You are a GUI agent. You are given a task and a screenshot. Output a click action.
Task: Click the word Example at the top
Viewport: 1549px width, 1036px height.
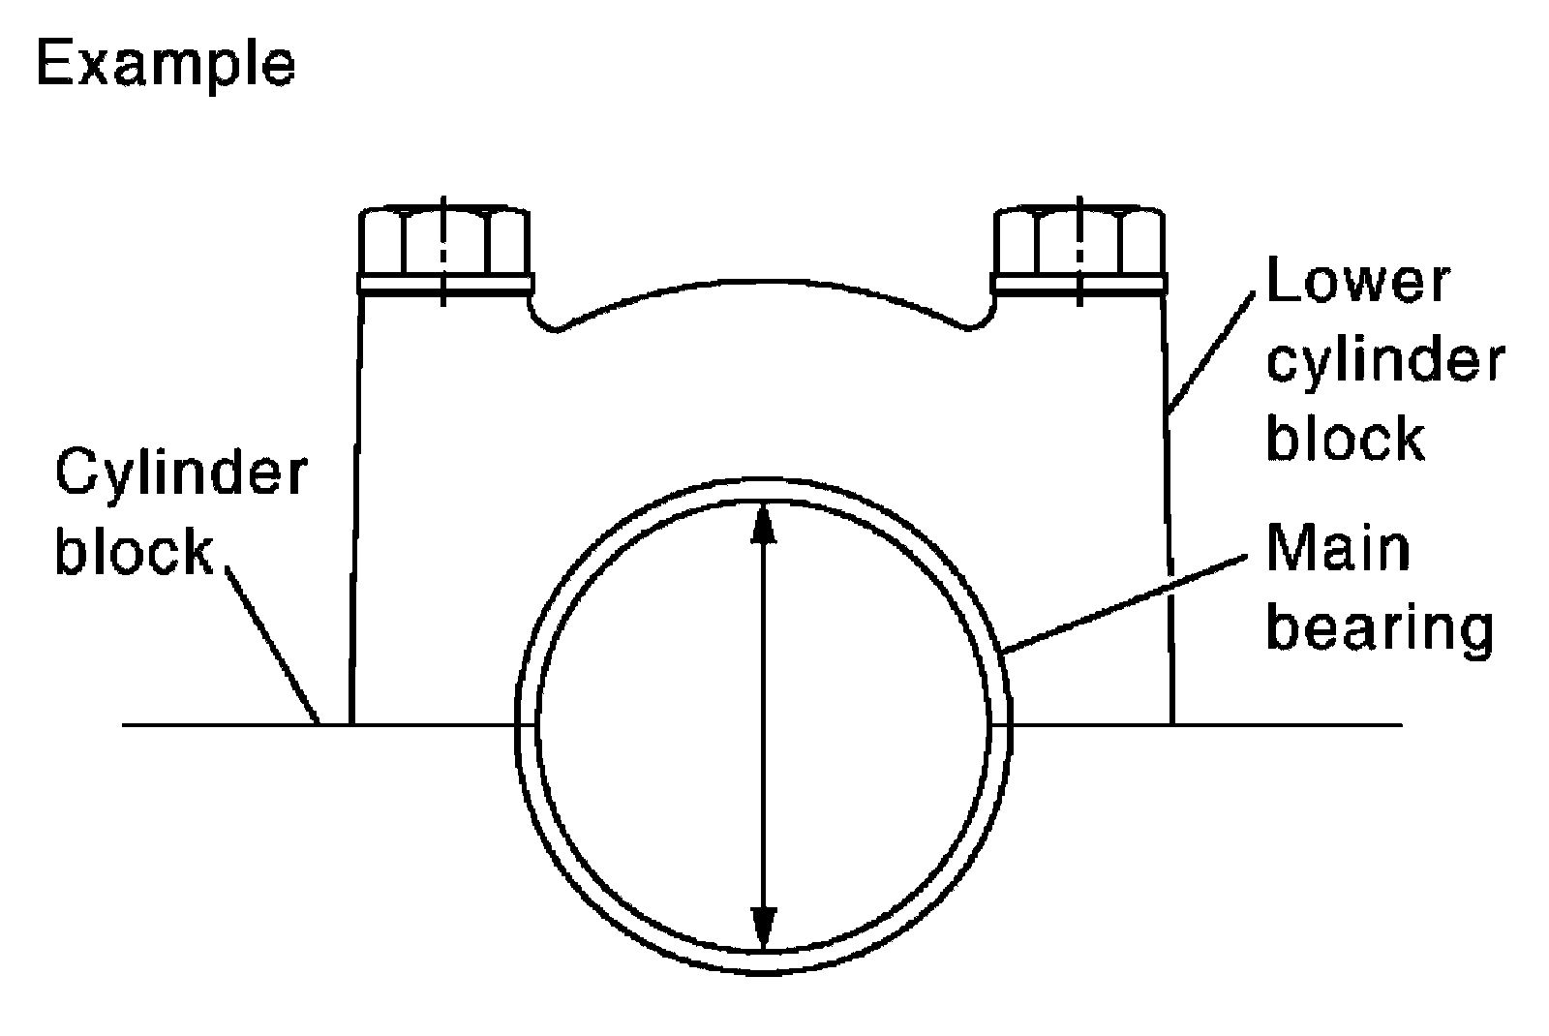165,64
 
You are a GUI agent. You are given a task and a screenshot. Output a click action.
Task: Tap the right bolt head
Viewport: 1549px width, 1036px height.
1078,242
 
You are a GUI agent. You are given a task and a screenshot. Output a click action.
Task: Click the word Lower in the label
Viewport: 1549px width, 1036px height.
1358,281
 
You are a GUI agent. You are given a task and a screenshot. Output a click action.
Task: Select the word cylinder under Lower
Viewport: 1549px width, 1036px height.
1385,360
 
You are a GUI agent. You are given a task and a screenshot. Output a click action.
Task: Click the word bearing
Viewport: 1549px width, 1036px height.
1381,629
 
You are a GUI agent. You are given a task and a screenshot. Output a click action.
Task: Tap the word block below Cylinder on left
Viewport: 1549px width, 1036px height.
134,552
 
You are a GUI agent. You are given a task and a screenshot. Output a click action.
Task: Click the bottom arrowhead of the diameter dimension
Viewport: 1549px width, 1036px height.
765,928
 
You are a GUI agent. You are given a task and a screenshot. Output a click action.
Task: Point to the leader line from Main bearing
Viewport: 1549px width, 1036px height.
1123,602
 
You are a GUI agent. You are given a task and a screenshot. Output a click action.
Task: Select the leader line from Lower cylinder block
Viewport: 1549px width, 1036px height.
1215,350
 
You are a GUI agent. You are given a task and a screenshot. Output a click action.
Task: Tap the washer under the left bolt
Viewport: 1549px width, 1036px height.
445,284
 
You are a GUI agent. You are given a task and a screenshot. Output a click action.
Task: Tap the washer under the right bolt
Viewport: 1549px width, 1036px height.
1078,284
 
